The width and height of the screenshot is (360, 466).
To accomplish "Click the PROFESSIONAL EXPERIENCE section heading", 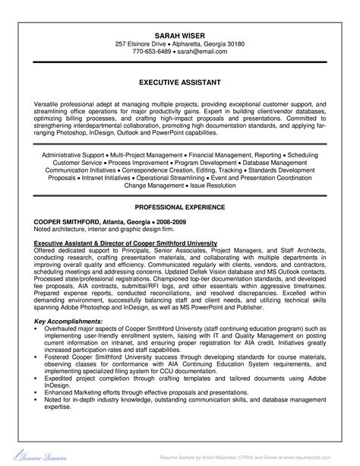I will click(180, 206).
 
